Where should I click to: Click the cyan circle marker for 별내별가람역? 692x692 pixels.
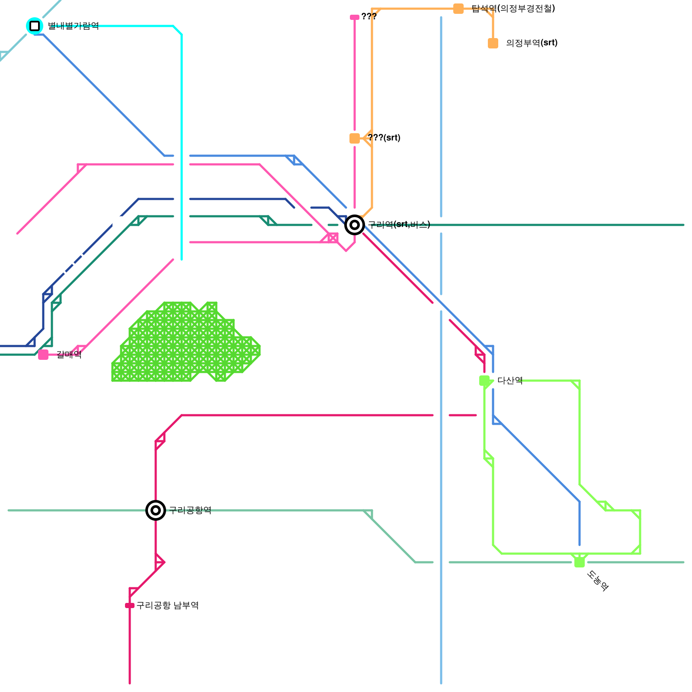(35, 26)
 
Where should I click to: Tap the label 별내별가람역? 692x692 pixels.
(73, 26)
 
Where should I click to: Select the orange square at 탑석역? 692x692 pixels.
(458, 9)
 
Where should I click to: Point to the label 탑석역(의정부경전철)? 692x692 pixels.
(513, 9)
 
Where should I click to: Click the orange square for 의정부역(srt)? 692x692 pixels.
(493, 43)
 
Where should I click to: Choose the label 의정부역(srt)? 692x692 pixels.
(532, 43)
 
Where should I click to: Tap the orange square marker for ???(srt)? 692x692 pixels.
(355, 138)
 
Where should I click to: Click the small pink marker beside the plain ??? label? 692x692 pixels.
(355, 17)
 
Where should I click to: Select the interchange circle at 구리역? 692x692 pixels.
(355, 225)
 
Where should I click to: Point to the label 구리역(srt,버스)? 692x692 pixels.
(399, 224)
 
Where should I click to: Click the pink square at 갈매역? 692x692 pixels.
(43, 355)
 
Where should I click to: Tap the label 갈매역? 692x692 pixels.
(69, 355)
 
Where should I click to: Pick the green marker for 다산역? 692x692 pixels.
(484, 381)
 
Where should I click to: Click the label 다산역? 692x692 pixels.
(510, 381)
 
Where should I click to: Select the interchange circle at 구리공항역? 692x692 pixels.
(156, 510)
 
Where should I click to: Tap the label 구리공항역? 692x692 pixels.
(190, 510)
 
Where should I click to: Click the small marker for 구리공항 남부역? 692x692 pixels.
(130, 605)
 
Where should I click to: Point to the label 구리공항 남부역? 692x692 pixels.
(167, 605)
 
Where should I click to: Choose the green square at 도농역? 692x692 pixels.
(580, 562)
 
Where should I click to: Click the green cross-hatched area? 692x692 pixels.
(182, 346)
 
